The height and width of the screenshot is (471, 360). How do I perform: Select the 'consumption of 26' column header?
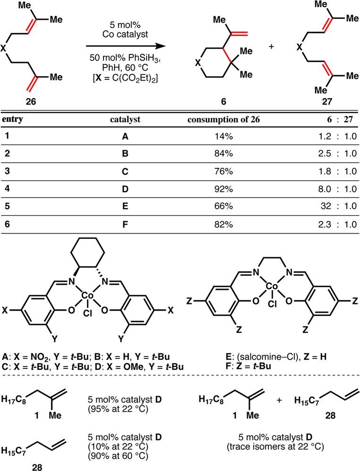click(x=224, y=120)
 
